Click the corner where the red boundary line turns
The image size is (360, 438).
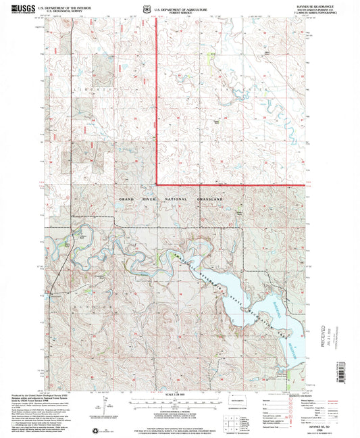click(157, 184)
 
